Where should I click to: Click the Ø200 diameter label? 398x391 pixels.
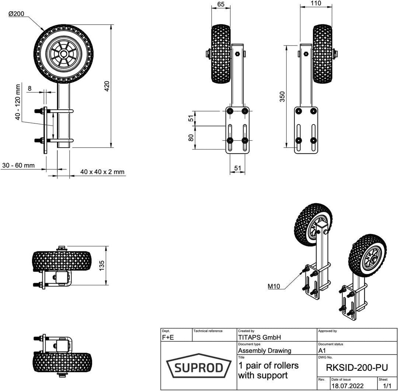click(x=17, y=14)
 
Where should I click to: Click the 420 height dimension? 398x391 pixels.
click(x=107, y=86)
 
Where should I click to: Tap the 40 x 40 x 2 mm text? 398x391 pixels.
click(x=102, y=172)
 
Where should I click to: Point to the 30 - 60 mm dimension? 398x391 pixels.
click(x=18, y=165)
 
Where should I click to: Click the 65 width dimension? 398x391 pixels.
click(x=221, y=4)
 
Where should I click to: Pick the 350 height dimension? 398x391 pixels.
click(x=282, y=96)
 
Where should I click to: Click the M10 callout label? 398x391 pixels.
click(x=274, y=286)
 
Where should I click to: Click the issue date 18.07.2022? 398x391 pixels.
click(x=347, y=385)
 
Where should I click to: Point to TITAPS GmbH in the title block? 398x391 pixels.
click(x=259, y=337)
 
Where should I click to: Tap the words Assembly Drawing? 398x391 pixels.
click(x=264, y=351)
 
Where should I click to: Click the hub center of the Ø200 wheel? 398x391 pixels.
click(x=63, y=54)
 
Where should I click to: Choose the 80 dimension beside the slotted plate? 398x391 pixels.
click(x=191, y=138)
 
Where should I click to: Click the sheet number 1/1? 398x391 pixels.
click(x=387, y=385)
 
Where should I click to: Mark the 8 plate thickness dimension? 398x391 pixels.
click(x=29, y=88)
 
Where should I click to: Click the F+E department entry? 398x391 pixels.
click(x=168, y=337)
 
